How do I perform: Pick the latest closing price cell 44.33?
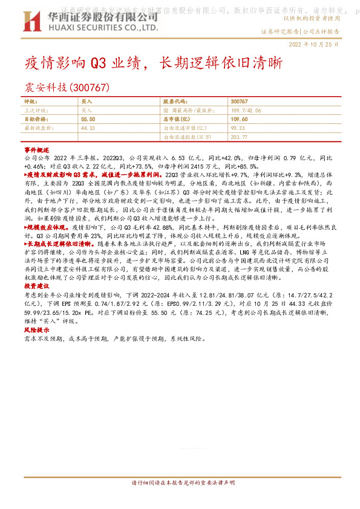[x=88, y=128]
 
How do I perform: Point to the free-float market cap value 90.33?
[x=238, y=128]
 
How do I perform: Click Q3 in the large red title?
[x=99, y=62]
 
